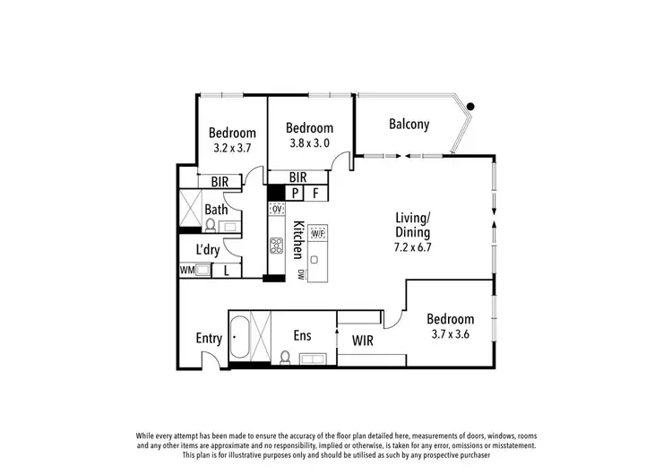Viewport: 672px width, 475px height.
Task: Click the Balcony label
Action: click(x=409, y=125)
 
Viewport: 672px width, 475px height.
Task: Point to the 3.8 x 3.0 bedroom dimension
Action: click(x=309, y=142)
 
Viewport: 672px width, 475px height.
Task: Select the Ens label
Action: click(x=302, y=335)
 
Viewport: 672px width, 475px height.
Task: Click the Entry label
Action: click(x=209, y=338)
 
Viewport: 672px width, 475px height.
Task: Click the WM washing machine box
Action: click(x=187, y=269)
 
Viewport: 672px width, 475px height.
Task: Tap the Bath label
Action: click(x=216, y=210)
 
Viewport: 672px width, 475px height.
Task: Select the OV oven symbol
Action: click(x=277, y=209)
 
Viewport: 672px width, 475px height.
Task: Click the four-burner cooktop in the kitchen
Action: click(x=277, y=246)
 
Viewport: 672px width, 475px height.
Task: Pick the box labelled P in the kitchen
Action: click(x=295, y=193)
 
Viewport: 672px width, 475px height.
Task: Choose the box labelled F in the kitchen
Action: click(x=315, y=193)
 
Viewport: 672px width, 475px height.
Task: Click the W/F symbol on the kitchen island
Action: click(x=317, y=233)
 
